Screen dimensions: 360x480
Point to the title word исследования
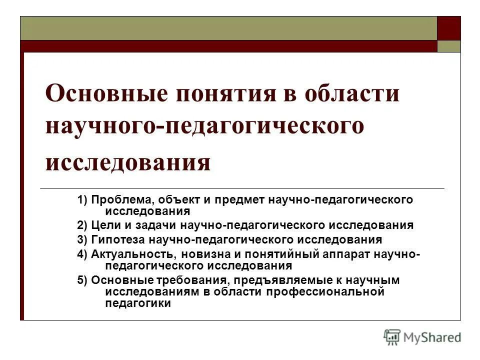(x=127, y=162)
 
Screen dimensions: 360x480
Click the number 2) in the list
(x=82, y=225)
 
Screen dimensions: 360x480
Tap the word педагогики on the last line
(x=138, y=303)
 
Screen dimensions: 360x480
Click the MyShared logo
(x=422, y=337)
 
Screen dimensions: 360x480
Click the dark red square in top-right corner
(x=448, y=28)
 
